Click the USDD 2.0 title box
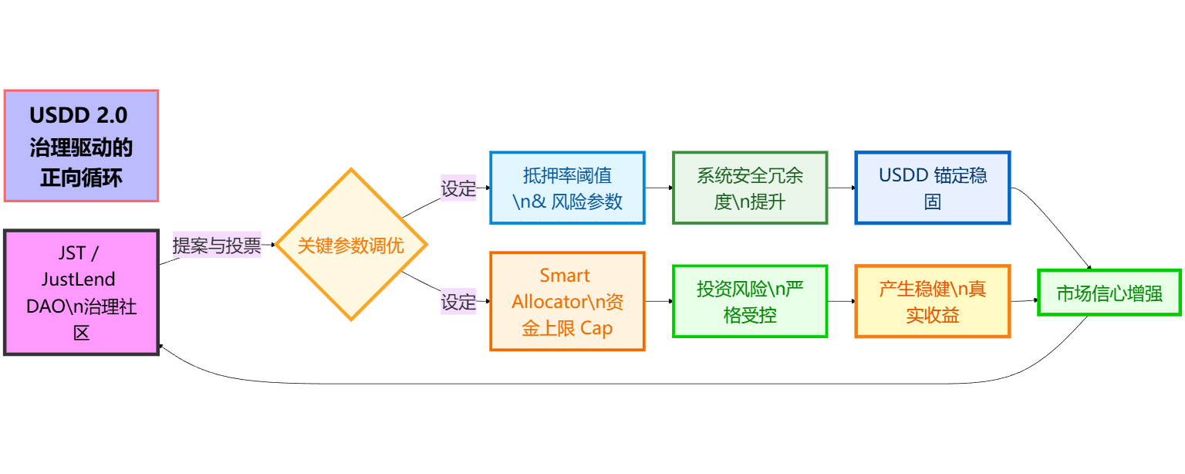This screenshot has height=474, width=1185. click(81, 146)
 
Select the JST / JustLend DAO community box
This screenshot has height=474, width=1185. click(81, 292)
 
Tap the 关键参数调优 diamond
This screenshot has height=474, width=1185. click(351, 245)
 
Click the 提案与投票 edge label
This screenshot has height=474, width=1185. click(217, 245)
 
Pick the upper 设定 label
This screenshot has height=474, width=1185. click(458, 188)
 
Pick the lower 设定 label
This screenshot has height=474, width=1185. click(458, 302)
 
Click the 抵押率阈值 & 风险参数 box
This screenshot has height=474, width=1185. click(567, 188)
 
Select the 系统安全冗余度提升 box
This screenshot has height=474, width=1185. click(750, 188)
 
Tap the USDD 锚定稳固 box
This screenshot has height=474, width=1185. click(932, 188)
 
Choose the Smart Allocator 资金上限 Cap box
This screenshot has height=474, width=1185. click(567, 301)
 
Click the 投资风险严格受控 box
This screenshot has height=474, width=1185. click(750, 301)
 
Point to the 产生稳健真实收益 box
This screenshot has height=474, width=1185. click(932, 301)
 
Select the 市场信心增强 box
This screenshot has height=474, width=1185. click(1109, 293)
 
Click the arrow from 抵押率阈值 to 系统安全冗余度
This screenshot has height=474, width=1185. click(659, 188)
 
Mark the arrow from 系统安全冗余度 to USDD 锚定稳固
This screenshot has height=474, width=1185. click(841, 188)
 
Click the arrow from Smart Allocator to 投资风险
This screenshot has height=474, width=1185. click(659, 301)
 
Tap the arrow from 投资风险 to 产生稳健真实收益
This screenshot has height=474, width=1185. click(841, 301)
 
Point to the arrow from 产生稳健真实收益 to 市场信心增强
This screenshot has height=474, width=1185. click(1024, 300)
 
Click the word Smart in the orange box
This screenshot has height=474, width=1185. click(565, 276)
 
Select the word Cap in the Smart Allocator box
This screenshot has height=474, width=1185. click(596, 328)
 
